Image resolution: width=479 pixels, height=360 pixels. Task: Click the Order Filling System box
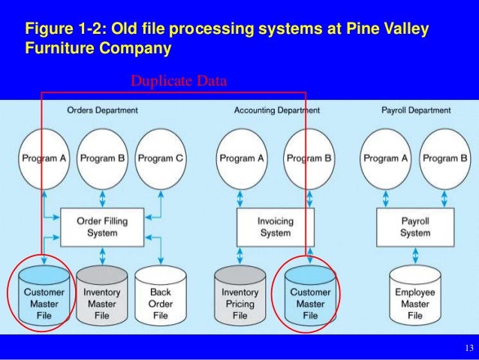102,226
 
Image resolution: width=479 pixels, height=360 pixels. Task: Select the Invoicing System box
275,226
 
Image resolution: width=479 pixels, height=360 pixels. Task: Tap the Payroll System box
415,226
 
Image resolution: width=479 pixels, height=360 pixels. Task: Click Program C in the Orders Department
161,159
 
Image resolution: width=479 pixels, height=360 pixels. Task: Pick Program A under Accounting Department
241,159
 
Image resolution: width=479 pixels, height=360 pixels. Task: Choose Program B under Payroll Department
444,159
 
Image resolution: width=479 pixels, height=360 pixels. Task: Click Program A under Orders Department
44,159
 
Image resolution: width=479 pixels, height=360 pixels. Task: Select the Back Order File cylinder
161,298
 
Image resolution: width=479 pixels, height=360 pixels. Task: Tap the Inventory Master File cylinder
102,298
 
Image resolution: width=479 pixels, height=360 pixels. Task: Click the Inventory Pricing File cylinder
240,298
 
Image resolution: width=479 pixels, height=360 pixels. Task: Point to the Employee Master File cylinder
415,298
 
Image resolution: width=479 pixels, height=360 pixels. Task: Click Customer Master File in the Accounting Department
310,298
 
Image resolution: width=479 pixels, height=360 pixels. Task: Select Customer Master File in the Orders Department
44,298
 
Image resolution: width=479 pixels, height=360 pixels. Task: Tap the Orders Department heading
102,110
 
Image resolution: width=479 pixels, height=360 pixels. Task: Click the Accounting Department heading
276,110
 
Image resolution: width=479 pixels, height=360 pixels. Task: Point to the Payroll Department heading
416,110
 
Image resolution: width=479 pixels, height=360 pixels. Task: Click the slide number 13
469,348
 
